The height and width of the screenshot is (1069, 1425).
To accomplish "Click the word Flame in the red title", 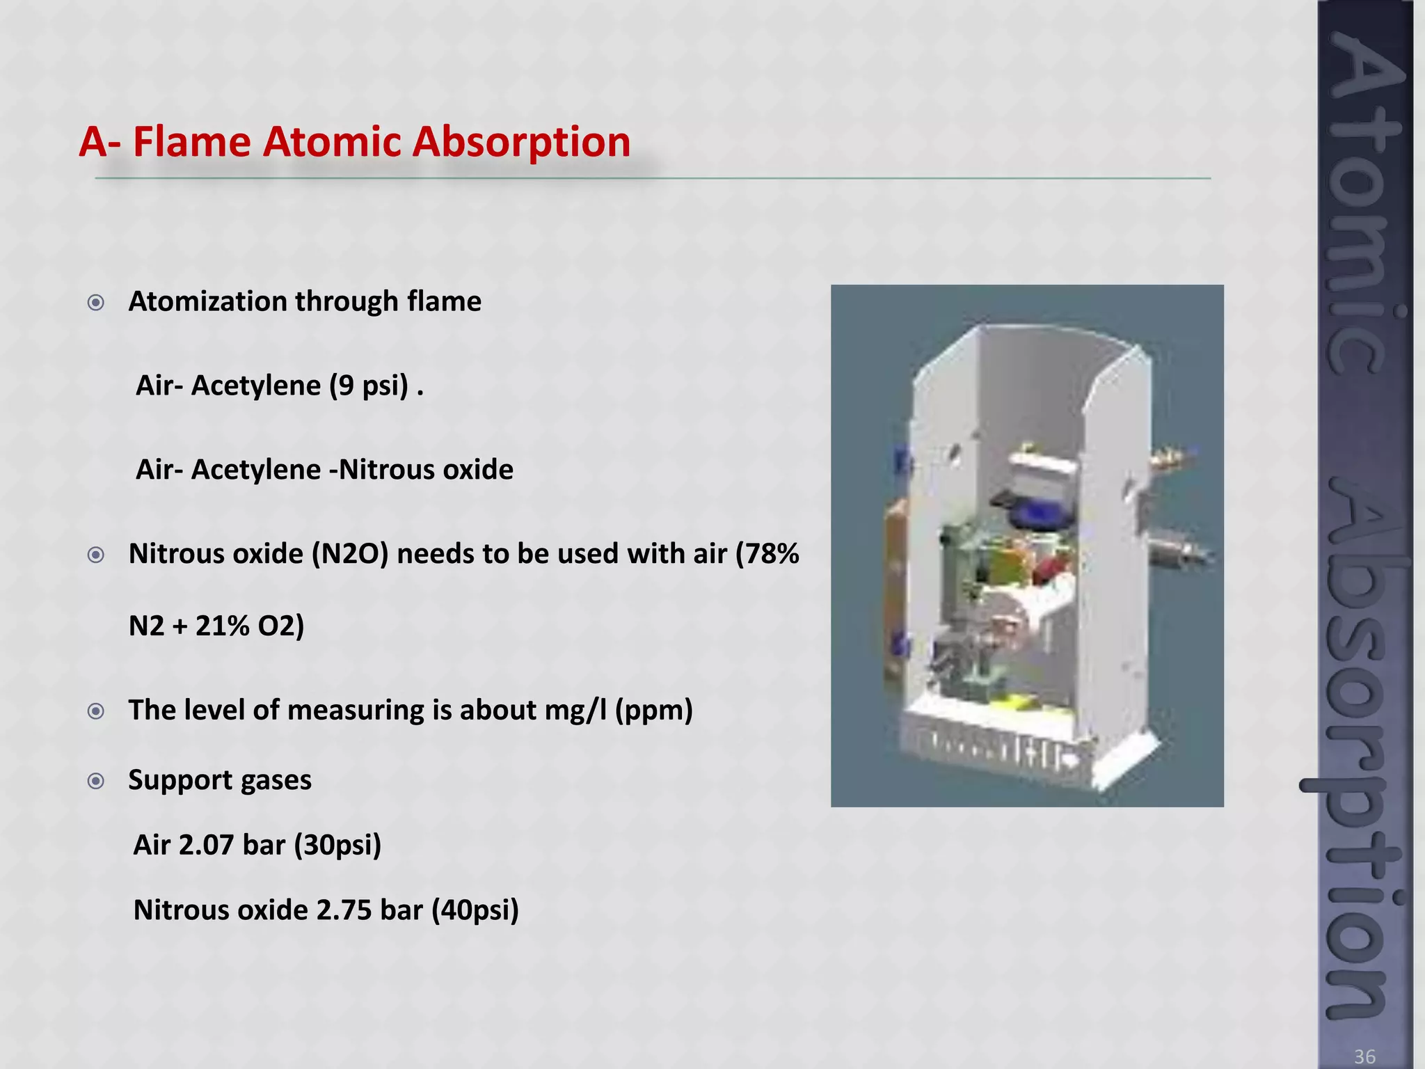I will (x=191, y=142).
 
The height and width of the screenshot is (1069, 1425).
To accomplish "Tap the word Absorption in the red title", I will (x=521, y=142).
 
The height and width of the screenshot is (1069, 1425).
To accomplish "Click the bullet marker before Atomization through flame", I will (x=96, y=303).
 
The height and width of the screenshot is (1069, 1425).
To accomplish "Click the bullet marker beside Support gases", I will (x=96, y=781).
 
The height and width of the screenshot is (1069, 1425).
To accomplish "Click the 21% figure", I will (x=222, y=626).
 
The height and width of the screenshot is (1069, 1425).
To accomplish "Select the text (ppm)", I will (x=654, y=711).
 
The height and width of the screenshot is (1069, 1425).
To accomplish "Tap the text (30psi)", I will (x=337, y=846).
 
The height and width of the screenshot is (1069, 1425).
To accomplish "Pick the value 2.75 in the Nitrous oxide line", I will (x=344, y=910).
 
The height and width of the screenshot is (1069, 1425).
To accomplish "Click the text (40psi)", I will (x=475, y=910).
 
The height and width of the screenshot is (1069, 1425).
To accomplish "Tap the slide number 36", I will (x=1364, y=1056).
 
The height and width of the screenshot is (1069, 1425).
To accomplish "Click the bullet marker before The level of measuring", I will (x=96, y=711).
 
